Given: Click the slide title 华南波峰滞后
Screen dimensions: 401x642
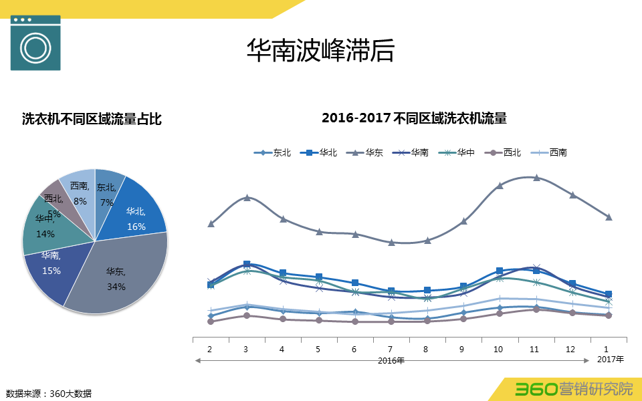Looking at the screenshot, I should [x=320, y=51].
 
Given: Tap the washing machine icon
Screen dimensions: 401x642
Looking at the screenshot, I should [x=35, y=43].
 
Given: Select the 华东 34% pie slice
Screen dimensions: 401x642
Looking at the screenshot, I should [x=120, y=277].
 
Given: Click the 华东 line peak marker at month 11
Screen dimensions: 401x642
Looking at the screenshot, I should [x=536, y=177].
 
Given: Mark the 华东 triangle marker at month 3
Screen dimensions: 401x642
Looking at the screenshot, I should [x=247, y=197].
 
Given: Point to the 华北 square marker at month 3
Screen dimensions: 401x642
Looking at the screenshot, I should [x=247, y=265].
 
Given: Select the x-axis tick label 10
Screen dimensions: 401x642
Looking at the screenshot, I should [x=498, y=349].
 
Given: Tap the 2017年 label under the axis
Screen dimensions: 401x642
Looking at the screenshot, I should [x=610, y=360].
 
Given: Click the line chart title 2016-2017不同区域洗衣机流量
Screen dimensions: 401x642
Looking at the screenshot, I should [x=414, y=118].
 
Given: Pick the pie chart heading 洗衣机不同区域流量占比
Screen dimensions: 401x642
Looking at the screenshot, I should [x=92, y=120].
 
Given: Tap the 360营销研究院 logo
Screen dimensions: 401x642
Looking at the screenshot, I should [x=574, y=389].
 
